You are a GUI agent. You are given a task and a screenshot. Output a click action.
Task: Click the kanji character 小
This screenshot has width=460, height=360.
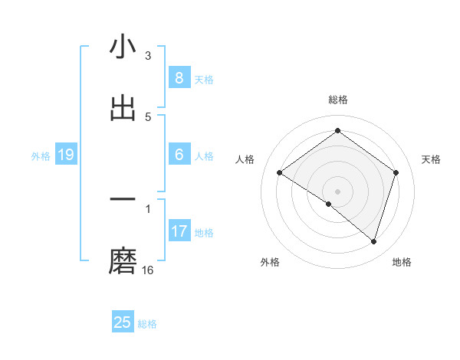click(x=123, y=47)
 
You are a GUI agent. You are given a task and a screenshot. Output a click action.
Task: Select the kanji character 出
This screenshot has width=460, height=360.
click(x=123, y=108)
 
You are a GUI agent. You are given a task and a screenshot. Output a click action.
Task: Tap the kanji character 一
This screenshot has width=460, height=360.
click(x=123, y=201)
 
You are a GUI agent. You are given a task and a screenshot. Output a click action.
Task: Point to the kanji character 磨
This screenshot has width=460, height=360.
click(x=123, y=261)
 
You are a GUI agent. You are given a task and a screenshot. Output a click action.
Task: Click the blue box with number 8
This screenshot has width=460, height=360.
click(x=179, y=77)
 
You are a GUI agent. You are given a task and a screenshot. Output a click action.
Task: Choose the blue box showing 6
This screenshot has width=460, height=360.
click(x=179, y=155)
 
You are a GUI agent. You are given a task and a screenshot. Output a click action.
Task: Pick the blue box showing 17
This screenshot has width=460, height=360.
click(x=179, y=231)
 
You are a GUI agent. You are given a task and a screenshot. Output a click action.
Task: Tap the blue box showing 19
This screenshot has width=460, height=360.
click(x=65, y=155)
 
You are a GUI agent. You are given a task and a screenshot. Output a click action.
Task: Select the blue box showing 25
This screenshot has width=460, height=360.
click(x=123, y=322)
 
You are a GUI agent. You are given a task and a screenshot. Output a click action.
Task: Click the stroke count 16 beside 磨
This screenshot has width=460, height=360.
click(x=148, y=270)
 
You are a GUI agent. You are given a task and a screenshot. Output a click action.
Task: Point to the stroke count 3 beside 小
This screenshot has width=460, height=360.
click(x=148, y=56)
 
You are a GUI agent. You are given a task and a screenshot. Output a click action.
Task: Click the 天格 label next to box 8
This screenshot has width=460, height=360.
click(x=204, y=80)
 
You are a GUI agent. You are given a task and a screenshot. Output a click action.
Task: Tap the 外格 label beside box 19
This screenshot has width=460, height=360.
click(x=41, y=156)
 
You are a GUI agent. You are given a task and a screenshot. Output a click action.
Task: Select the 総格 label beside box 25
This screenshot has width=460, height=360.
click(x=147, y=324)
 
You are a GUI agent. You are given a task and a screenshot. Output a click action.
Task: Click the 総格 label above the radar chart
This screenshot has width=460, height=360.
click(x=338, y=100)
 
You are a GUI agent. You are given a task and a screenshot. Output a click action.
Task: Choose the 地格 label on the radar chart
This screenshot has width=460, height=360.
click(x=402, y=262)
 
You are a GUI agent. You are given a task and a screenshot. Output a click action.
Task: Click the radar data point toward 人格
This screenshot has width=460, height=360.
click(x=280, y=173)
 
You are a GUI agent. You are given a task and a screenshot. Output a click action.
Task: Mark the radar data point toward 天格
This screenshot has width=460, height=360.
click(x=396, y=172)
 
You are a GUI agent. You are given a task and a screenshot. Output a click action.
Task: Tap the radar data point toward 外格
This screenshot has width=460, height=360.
click(x=329, y=205)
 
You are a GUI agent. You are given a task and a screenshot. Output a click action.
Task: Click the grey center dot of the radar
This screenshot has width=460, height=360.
click(x=338, y=191)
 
